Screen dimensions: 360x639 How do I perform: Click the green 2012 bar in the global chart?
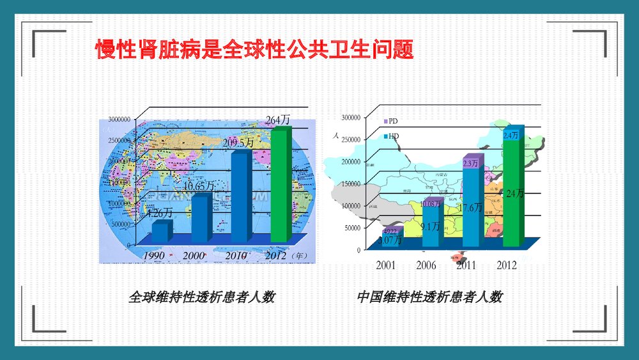pos(279,185)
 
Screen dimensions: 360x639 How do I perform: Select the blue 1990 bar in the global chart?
pos(161,231)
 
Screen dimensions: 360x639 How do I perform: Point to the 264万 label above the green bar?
pos(278,120)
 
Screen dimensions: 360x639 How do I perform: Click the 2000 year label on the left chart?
pos(193,256)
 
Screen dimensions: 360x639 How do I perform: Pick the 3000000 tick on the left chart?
pos(119,119)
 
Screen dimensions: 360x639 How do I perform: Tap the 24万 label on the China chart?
pos(514,194)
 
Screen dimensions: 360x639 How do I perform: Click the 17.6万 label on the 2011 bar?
pos(471,207)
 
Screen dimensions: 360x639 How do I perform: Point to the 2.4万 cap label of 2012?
pos(511,136)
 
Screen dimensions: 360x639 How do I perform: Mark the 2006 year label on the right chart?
pos(426,265)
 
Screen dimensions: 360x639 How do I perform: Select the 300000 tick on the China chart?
pos(351,118)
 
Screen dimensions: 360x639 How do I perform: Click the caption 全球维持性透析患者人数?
pos(201,297)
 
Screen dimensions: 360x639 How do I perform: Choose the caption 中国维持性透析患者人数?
pos(429,297)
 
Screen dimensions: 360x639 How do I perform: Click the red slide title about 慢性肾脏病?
pos(254,50)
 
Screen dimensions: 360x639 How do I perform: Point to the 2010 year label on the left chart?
pos(236,256)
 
